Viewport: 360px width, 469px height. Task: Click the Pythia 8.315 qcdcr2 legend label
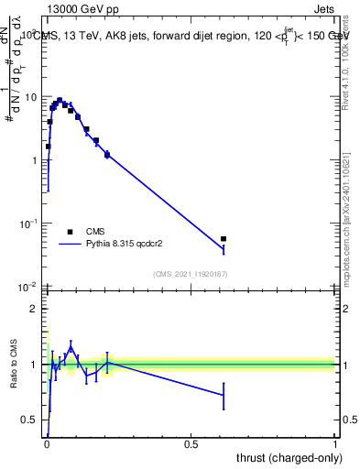pos(136,245)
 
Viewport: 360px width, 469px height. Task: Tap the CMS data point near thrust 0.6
pos(224,239)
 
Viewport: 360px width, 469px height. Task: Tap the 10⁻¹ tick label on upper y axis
pos(28,223)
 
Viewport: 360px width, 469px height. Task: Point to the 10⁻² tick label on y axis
pos(28,286)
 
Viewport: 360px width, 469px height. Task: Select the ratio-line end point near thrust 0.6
pos(224,396)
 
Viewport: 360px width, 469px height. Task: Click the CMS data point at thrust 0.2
pos(107,155)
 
